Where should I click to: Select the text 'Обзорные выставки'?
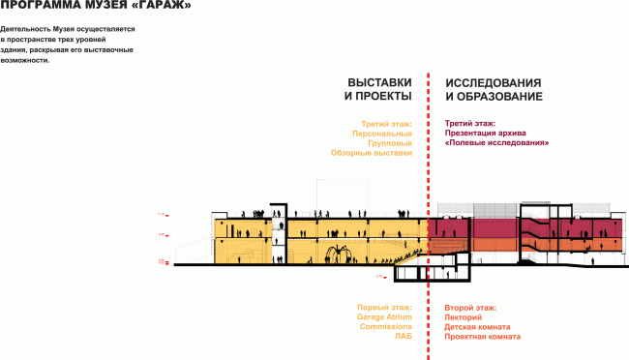pyautogui.click(x=372, y=152)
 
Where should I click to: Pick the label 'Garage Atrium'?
pyautogui.click(x=384, y=316)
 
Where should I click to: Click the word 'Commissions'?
pyautogui.click(x=386, y=326)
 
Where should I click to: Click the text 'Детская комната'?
pyautogui.click(x=477, y=326)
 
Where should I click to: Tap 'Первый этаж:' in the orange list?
pyautogui.click(x=385, y=307)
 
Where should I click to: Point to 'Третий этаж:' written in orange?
pyautogui.click(x=387, y=123)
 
